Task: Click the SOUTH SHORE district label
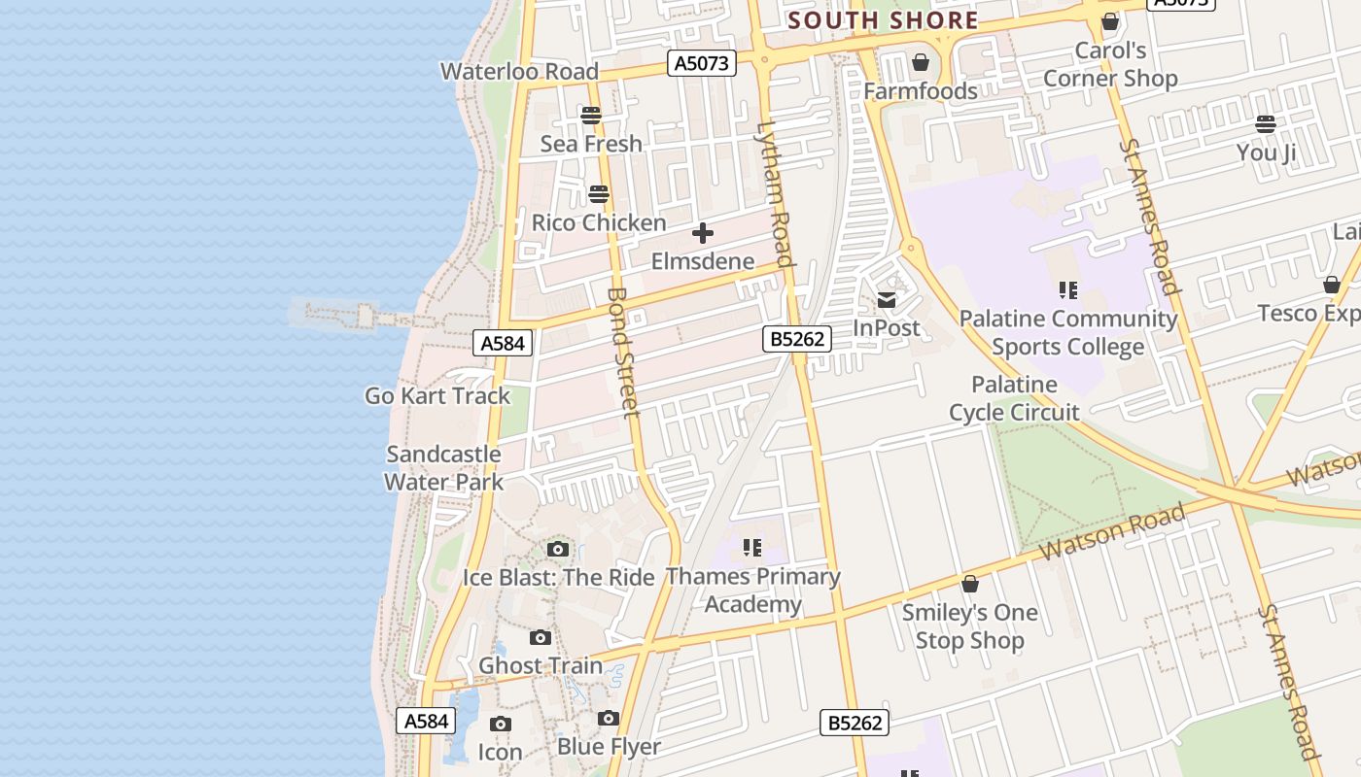[x=883, y=20]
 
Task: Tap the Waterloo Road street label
[x=519, y=71]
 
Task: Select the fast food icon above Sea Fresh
[x=591, y=116]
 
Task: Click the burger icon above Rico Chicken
[x=599, y=194]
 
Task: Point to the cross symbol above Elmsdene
[x=702, y=233]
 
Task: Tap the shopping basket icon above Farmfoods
[x=920, y=63]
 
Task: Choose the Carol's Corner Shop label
[x=1110, y=64]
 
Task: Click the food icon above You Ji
[x=1265, y=123]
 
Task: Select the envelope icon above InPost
[x=887, y=300]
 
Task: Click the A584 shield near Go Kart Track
[x=504, y=342]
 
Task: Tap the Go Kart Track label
[x=437, y=395]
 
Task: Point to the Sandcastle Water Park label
[x=443, y=467]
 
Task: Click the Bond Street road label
[x=623, y=352]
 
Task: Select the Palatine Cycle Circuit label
[x=1014, y=398]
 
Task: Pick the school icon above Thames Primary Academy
[x=751, y=548]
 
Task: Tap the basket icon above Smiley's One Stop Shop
[x=969, y=584]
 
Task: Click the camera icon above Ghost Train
[x=541, y=637]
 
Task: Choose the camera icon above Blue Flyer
[x=609, y=718]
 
